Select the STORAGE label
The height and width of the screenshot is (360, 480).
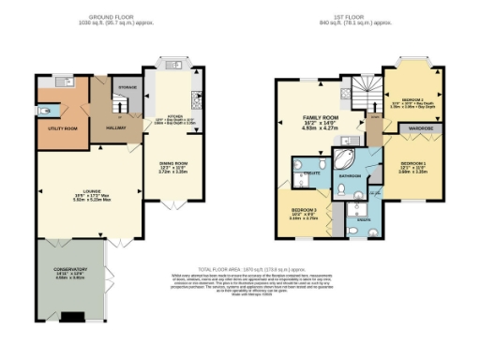(127, 87)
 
